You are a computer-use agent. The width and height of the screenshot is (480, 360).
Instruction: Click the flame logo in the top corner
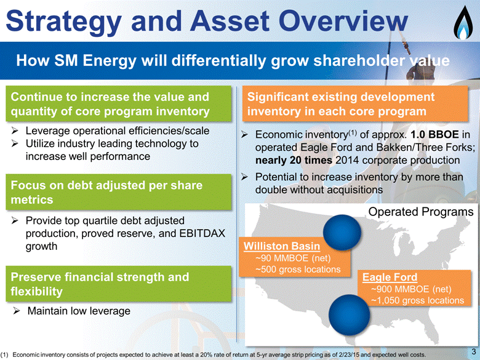pos(464,23)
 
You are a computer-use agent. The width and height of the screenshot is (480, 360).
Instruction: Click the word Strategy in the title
pos(63,22)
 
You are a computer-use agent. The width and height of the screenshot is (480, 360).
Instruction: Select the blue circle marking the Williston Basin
pos(342,233)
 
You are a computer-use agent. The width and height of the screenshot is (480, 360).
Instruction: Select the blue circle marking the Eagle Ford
pos(349,314)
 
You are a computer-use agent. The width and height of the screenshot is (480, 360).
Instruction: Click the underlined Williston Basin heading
pos(282,246)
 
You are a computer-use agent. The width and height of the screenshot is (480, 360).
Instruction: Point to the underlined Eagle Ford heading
pos(390,277)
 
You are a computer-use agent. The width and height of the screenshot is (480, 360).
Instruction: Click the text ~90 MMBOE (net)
pos(293,258)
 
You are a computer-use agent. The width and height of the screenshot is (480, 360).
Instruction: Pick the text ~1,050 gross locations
pos(418,300)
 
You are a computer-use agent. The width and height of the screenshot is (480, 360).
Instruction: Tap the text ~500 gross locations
pos(298,270)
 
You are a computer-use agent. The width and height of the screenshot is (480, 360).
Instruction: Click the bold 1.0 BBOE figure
pos(434,134)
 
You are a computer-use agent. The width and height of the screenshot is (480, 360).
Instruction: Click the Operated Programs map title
pos(420,212)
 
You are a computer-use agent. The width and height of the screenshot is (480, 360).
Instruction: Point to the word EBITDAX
pos(202,233)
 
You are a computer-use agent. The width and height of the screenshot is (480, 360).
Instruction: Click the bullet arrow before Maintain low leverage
pos(17,311)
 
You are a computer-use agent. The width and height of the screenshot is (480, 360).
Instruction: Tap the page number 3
pos(474,351)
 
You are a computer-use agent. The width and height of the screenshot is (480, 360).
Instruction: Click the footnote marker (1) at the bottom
pos(5,355)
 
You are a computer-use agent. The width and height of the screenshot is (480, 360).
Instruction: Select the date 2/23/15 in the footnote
pos(351,355)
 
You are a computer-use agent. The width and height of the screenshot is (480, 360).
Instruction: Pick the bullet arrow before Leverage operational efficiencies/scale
pos(15,131)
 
